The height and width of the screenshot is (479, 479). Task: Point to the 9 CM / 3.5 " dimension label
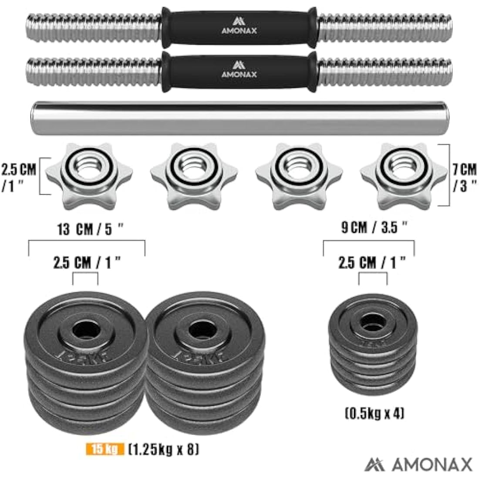click(x=374, y=227)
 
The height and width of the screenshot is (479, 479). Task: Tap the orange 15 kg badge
click(x=104, y=449)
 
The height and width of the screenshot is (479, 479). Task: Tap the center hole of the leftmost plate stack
click(x=85, y=330)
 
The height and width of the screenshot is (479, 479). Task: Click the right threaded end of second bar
click(x=385, y=70)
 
